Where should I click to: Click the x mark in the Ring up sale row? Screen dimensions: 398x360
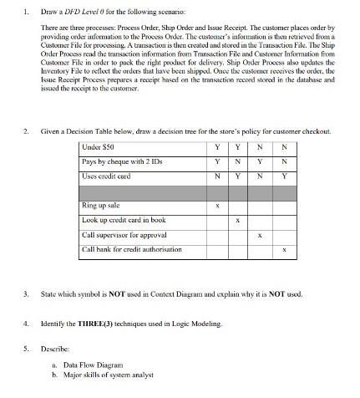(217, 206)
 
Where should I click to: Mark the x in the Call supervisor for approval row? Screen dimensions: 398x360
(261, 235)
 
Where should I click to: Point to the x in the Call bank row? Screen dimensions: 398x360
(284, 249)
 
